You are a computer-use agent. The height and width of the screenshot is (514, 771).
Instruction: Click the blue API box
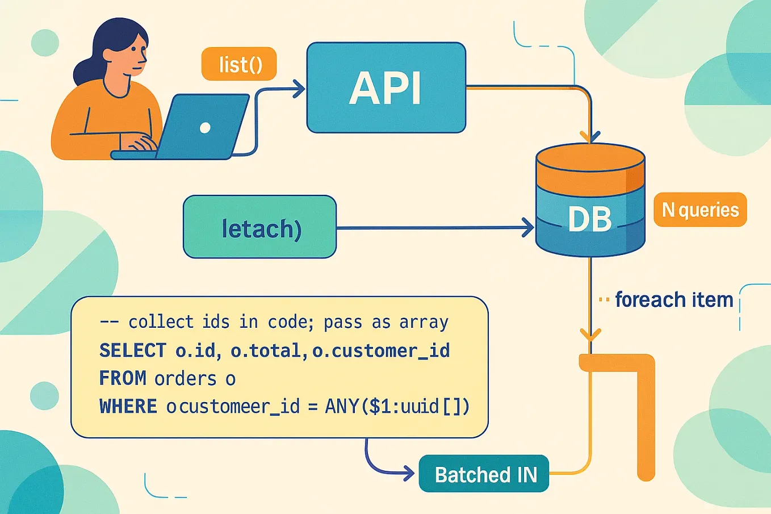(x=386, y=88)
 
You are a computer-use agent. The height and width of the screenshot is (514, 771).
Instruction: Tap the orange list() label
(x=239, y=64)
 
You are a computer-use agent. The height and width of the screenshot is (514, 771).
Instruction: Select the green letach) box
(x=260, y=227)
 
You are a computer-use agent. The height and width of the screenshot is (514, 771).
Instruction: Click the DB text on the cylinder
(x=590, y=219)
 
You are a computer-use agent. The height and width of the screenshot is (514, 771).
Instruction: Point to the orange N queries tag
(x=700, y=210)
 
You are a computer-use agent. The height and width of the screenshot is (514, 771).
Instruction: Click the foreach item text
(x=674, y=299)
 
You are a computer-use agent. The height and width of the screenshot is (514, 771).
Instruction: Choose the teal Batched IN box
(x=484, y=474)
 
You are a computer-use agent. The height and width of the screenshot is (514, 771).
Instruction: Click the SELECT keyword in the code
(x=133, y=350)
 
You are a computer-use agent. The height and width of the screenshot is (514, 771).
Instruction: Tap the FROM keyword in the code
(x=123, y=378)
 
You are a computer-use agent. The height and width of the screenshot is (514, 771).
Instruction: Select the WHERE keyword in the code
(x=128, y=407)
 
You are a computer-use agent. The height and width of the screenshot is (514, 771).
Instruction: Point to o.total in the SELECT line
(x=266, y=351)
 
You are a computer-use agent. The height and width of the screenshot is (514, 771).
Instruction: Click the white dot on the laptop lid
(x=205, y=128)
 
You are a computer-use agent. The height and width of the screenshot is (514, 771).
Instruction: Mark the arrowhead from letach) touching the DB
(x=527, y=228)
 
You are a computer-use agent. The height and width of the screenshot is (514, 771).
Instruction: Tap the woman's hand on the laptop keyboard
(x=140, y=143)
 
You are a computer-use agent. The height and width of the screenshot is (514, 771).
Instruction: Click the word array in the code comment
(x=424, y=323)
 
